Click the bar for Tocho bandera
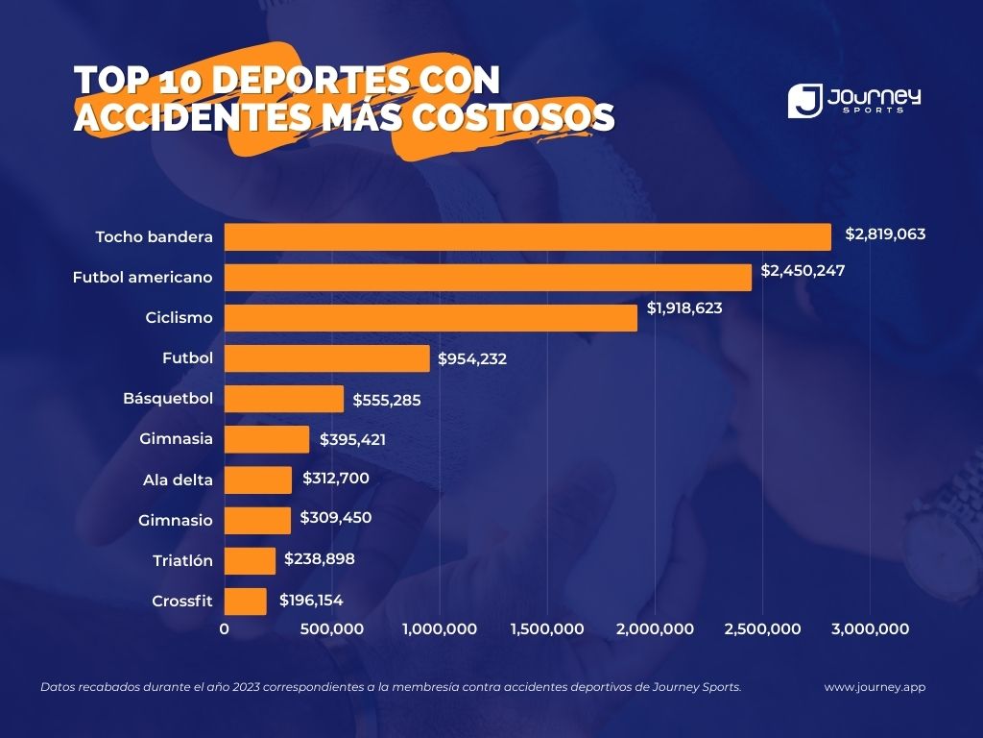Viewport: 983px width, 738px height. [528, 237]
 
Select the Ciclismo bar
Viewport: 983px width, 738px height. [431, 318]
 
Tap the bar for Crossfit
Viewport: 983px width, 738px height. [246, 602]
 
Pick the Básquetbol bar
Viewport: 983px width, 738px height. [284, 399]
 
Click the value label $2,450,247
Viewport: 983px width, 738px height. [803, 271]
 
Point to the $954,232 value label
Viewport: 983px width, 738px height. [471, 359]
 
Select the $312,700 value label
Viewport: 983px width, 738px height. [335, 478]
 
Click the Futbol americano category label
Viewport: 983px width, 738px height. [142, 278]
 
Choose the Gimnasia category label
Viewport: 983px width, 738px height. [176, 439]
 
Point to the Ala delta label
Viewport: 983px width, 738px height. [178, 480]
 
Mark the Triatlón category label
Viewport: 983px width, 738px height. [182, 560]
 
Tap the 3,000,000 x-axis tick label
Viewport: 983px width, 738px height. [870, 629]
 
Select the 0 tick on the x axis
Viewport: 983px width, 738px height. [225, 629]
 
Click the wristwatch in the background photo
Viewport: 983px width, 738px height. [936, 538]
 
